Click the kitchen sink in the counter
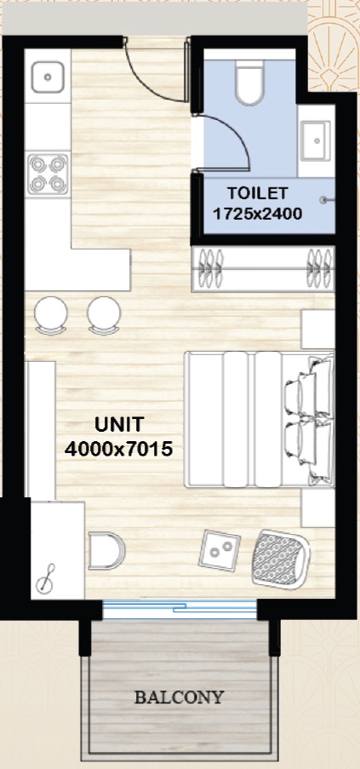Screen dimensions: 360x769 48,77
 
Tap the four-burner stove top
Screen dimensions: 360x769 48,174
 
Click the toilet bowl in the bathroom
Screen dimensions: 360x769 249,83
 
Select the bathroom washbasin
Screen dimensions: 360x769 316,141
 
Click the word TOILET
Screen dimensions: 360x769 257,193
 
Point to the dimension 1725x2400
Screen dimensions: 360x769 257,214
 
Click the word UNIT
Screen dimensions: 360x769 119,425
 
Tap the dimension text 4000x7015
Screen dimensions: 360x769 118,449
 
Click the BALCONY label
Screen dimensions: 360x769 180,697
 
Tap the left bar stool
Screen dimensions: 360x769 50,315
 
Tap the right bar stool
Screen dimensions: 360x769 104,315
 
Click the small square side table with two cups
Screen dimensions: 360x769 220,550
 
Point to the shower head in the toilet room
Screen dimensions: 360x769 325,199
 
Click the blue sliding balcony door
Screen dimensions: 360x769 180,609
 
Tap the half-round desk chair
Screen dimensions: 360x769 106,551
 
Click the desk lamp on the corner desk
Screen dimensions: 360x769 46,580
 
